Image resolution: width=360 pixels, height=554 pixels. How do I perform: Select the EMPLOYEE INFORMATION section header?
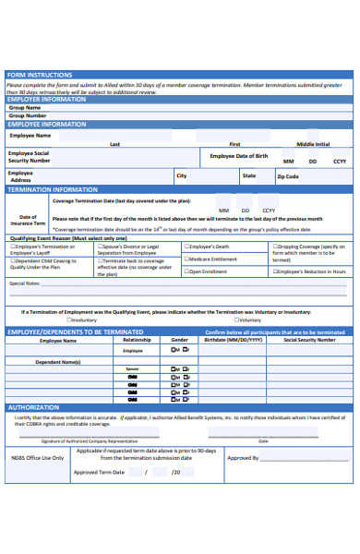click(47, 124)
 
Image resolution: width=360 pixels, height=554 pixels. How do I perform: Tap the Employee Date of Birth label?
click(239, 156)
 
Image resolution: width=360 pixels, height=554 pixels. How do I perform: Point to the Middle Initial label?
click(313, 144)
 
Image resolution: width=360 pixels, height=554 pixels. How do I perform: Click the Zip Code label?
click(288, 175)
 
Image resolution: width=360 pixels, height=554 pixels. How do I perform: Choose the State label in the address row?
click(249, 175)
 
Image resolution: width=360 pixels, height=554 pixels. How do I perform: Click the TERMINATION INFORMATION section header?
click(53, 189)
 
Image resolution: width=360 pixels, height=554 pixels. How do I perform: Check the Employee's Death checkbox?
click(186, 247)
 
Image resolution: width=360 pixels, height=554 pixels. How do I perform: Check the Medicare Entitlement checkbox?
click(186, 259)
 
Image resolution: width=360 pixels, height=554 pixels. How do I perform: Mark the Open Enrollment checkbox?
click(186, 271)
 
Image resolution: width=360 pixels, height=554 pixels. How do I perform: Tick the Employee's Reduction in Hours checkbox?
click(274, 271)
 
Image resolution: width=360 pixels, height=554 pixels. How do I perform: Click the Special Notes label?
click(25, 283)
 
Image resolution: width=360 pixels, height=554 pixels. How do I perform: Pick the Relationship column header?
click(137, 340)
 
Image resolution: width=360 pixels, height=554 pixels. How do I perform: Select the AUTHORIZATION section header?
click(33, 407)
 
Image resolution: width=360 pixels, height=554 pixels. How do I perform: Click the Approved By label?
click(243, 457)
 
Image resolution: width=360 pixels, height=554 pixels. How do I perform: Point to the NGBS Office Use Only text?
click(38, 457)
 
